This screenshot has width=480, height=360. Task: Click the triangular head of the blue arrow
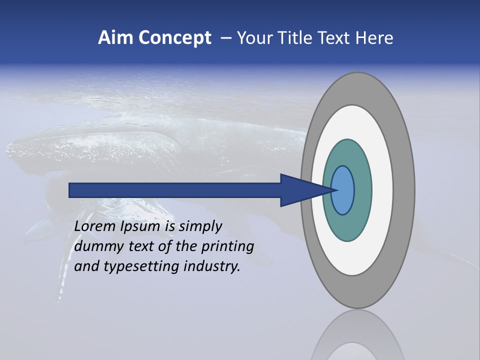tap(300, 190)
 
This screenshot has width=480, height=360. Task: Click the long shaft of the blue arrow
tap(175, 190)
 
